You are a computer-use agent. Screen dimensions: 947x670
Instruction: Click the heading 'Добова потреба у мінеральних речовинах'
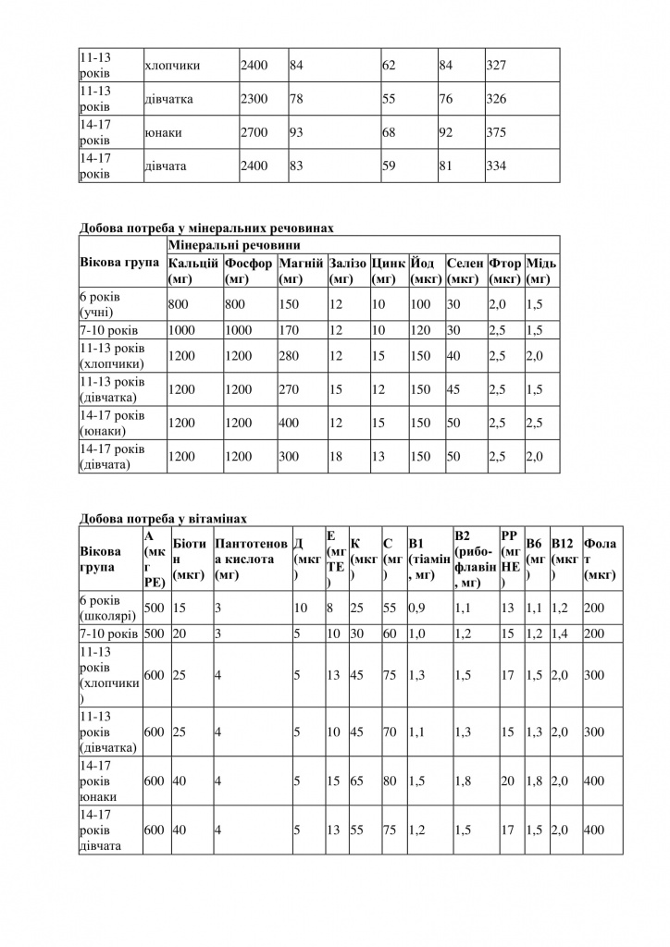(x=206, y=226)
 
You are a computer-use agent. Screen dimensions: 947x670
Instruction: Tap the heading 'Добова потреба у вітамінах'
(x=164, y=520)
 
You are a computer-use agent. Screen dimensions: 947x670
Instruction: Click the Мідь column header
(x=540, y=270)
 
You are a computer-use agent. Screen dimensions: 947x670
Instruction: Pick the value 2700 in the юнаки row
(x=254, y=133)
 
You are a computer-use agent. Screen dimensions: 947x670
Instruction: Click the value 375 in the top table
(x=497, y=133)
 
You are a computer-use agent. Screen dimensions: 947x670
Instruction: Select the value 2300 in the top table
(x=254, y=99)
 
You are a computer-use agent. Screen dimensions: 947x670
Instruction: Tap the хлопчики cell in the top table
(x=173, y=66)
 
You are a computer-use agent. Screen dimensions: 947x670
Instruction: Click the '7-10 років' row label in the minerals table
(x=110, y=330)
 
